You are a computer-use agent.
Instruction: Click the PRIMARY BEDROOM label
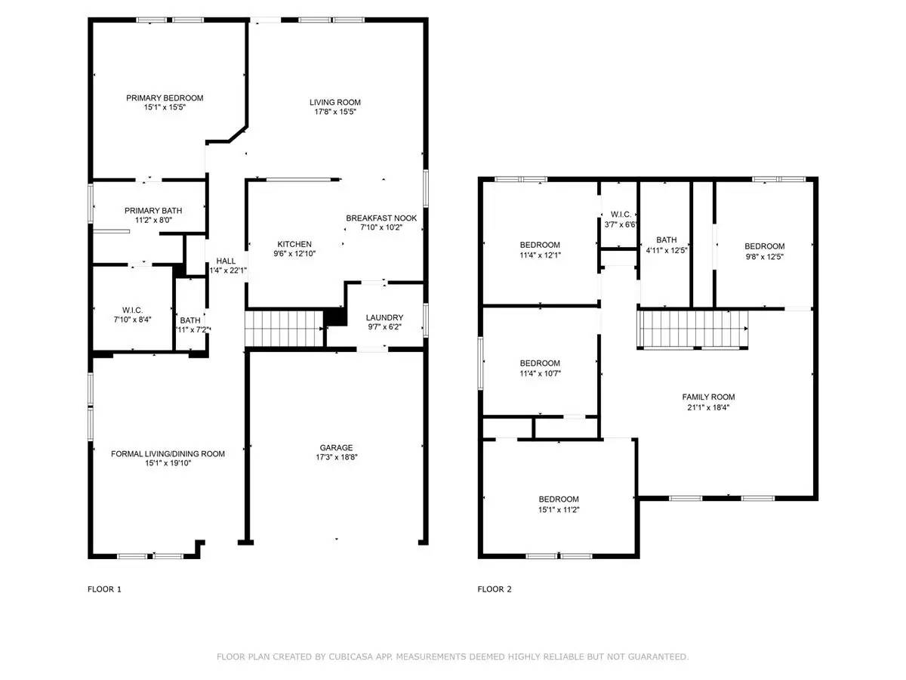(x=165, y=97)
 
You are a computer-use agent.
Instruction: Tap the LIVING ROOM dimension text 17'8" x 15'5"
(x=335, y=112)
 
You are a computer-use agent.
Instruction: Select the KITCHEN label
(x=294, y=244)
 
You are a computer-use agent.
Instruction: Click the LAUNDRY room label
(x=384, y=317)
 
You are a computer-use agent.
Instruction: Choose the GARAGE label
(x=335, y=447)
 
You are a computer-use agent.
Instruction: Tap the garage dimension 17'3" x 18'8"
(x=335, y=457)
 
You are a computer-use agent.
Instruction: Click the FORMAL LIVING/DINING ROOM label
(x=168, y=453)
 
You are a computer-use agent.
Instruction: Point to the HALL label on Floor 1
(x=226, y=261)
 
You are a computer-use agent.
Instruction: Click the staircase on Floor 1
(x=283, y=328)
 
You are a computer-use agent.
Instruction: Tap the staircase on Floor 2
(x=693, y=329)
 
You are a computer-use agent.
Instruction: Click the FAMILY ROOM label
(x=708, y=397)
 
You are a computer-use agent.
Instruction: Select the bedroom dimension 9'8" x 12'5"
(x=764, y=255)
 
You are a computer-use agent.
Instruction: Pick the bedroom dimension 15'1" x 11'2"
(x=559, y=509)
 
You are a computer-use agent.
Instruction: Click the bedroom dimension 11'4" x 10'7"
(x=540, y=372)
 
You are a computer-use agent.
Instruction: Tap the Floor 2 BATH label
(x=666, y=240)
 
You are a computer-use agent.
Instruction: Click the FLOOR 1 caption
(x=104, y=589)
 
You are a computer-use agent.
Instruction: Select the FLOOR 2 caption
(x=495, y=589)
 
